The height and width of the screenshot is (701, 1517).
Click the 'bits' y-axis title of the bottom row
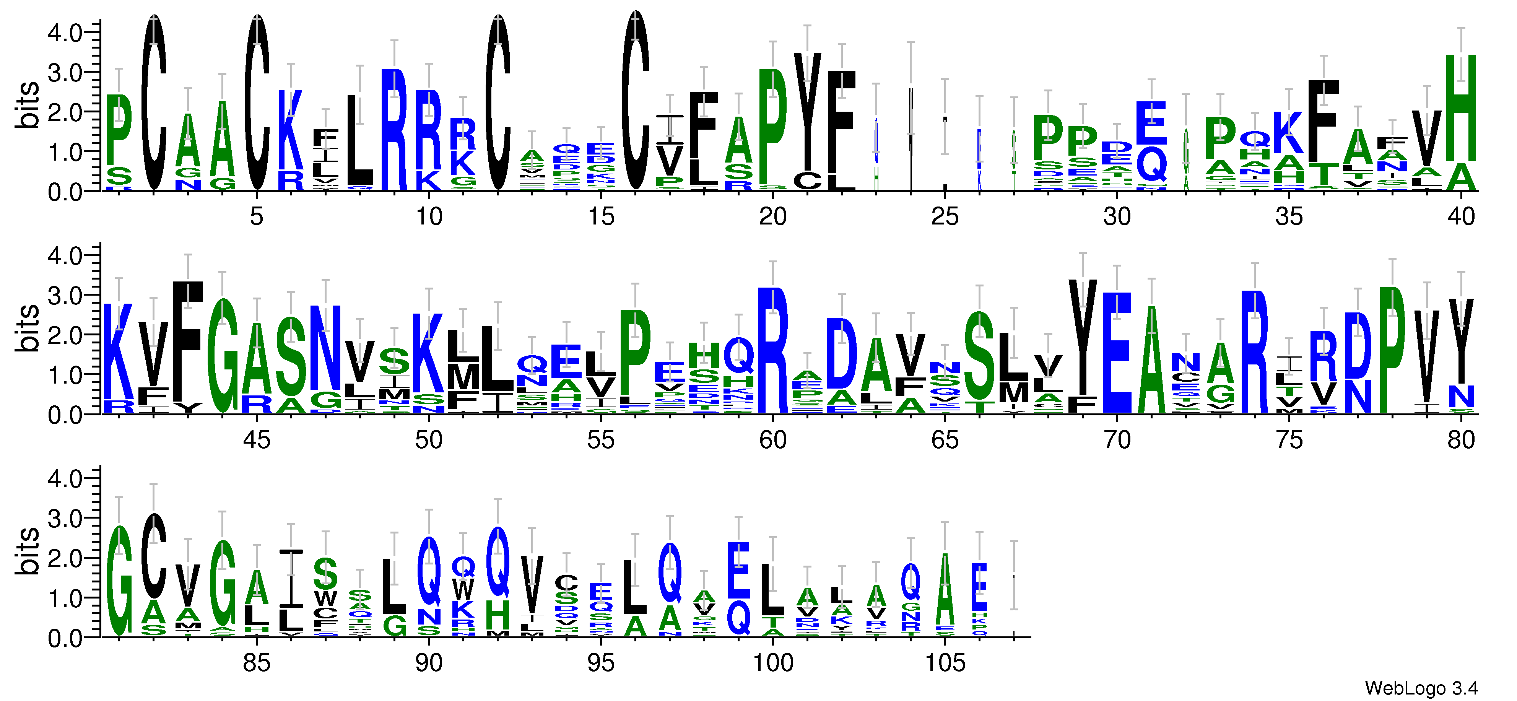pos(28,551)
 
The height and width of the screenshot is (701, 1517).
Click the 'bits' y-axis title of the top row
pos(28,105)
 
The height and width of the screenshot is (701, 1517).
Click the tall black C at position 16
pos(636,100)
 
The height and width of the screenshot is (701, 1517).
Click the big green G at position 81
pos(120,581)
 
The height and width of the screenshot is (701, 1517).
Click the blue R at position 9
pos(394,130)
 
